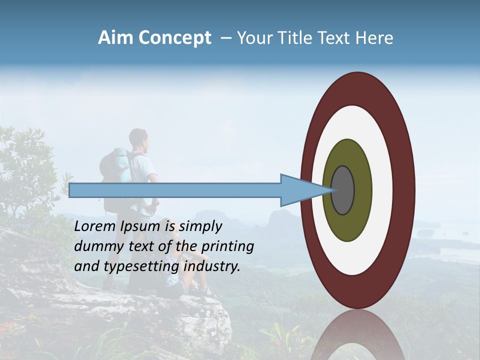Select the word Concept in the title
[x=174, y=38]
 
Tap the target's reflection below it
[x=357, y=335]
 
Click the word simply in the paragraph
[x=200, y=227]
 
